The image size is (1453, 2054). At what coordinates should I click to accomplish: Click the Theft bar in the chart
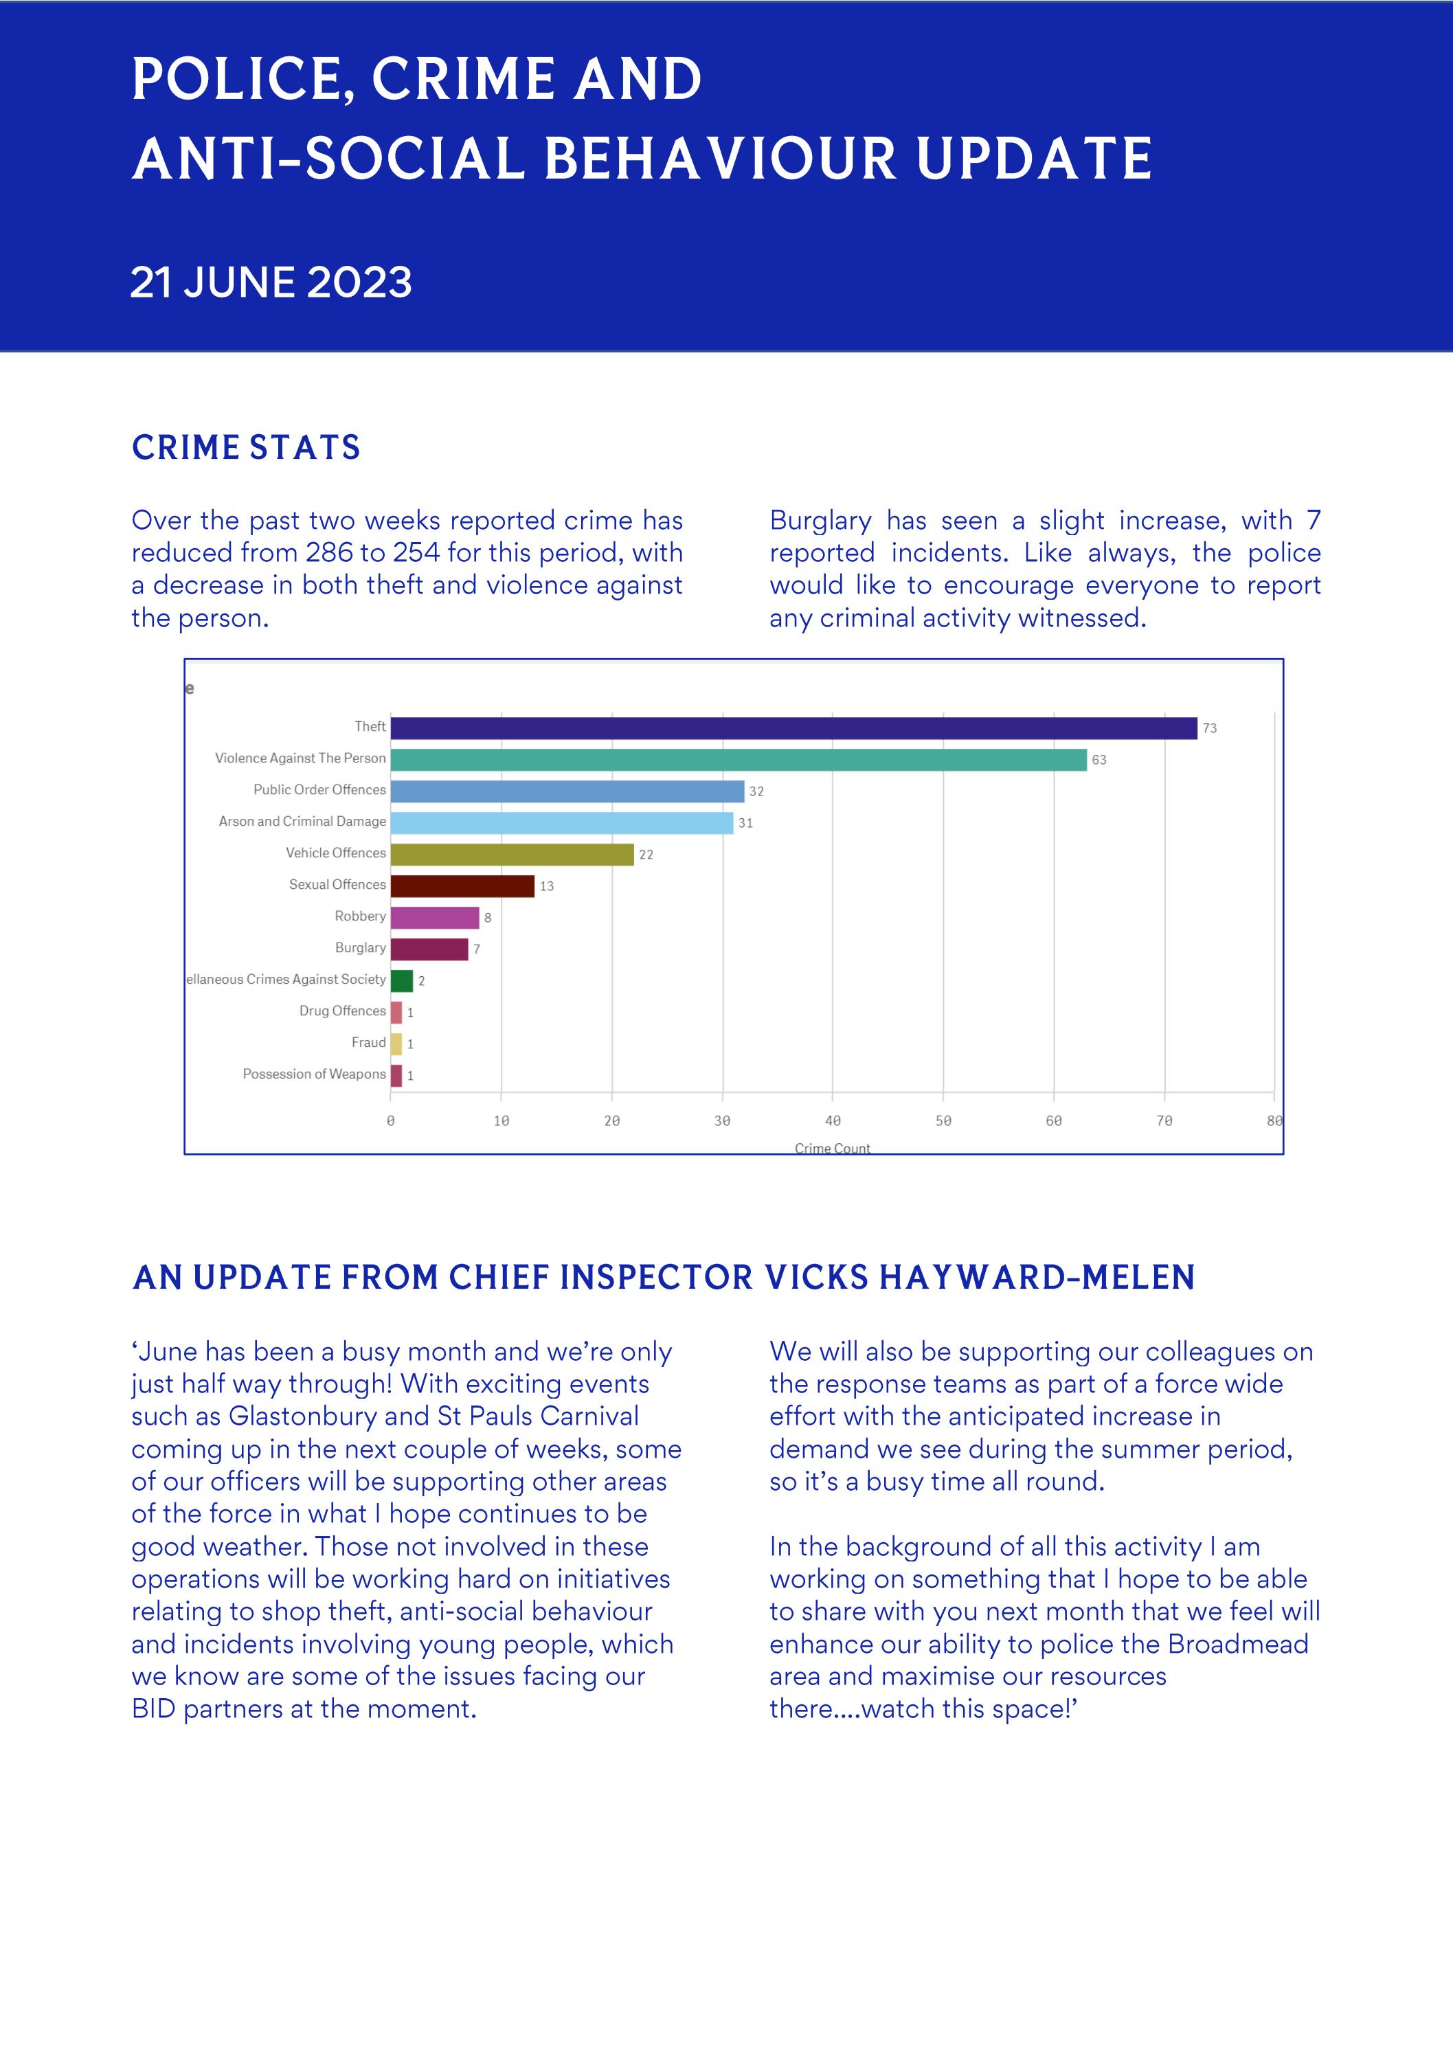click(793, 728)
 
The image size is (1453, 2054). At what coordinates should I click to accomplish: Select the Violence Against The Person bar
click(738, 760)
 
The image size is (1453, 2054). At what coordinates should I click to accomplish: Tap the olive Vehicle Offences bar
click(512, 855)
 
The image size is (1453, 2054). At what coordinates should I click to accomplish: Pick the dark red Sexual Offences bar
click(462, 885)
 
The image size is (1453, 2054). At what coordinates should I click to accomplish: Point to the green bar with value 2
click(402, 980)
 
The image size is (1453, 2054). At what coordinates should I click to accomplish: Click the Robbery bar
click(435, 917)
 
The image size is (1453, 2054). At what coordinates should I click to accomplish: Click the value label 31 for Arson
click(745, 823)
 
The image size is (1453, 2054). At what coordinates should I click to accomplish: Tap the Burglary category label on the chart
click(361, 947)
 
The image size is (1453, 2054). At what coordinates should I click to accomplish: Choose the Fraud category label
click(369, 1042)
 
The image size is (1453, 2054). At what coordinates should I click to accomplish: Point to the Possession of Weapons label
click(314, 1074)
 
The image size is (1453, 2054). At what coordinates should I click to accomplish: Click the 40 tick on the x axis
click(832, 1121)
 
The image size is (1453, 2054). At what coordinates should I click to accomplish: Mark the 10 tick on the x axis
click(501, 1121)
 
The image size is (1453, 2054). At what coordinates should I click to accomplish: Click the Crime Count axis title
click(832, 1148)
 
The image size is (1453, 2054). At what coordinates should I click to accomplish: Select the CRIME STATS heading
click(246, 447)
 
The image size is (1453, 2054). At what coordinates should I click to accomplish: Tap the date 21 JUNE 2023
click(271, 283)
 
